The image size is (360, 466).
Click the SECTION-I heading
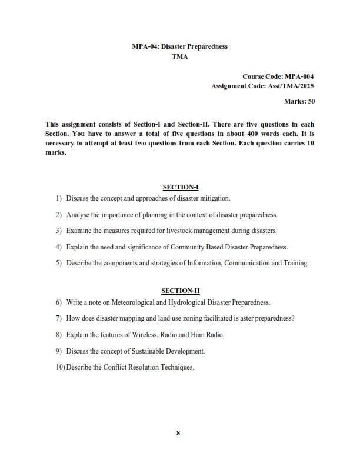click(x=181, y=187)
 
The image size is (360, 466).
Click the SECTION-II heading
click(x=180, y=291)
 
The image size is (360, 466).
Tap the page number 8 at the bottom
click(x=178, y=434)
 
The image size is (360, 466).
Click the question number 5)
click(x=58, y=263)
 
